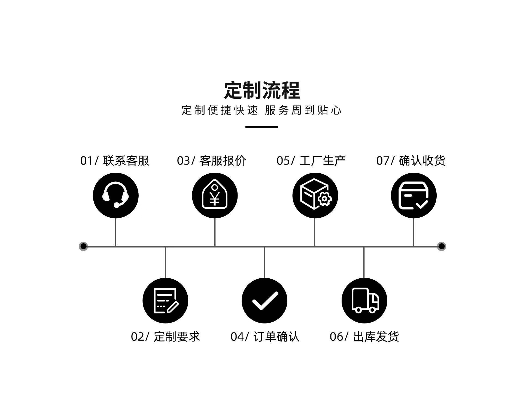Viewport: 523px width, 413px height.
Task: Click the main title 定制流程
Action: click(261, 90)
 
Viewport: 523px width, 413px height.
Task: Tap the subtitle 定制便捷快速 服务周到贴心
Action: click(261, 110)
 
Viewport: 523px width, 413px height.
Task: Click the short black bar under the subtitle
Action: click(261, 127)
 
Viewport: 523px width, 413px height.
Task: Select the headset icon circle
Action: click(116, 195)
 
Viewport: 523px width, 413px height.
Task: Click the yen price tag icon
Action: click(215, 195)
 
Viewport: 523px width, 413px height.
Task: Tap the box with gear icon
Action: click(315, 195)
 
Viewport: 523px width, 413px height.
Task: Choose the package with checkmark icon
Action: click(414, 195)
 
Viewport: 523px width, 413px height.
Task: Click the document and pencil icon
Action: click(165, 301)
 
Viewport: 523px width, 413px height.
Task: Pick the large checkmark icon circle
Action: click(264, 301)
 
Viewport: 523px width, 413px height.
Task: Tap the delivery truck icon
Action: click(364, 301)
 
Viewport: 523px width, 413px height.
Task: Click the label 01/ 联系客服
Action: click(115, 161)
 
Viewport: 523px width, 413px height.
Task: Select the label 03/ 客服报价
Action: click(211, 161)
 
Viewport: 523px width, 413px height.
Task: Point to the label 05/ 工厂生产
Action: click(311, 161)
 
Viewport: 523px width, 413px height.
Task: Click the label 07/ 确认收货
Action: click(411, 161)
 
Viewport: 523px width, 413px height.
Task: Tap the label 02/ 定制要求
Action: click(165, 337)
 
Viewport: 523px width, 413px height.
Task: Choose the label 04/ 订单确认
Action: click(265, 337)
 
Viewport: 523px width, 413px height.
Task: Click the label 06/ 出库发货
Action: click(364, 337)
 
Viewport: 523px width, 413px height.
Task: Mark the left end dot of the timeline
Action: click(83, 246)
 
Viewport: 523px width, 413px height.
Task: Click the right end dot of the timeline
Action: click(442, 246)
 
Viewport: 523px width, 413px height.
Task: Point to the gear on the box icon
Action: click(324, 199)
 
